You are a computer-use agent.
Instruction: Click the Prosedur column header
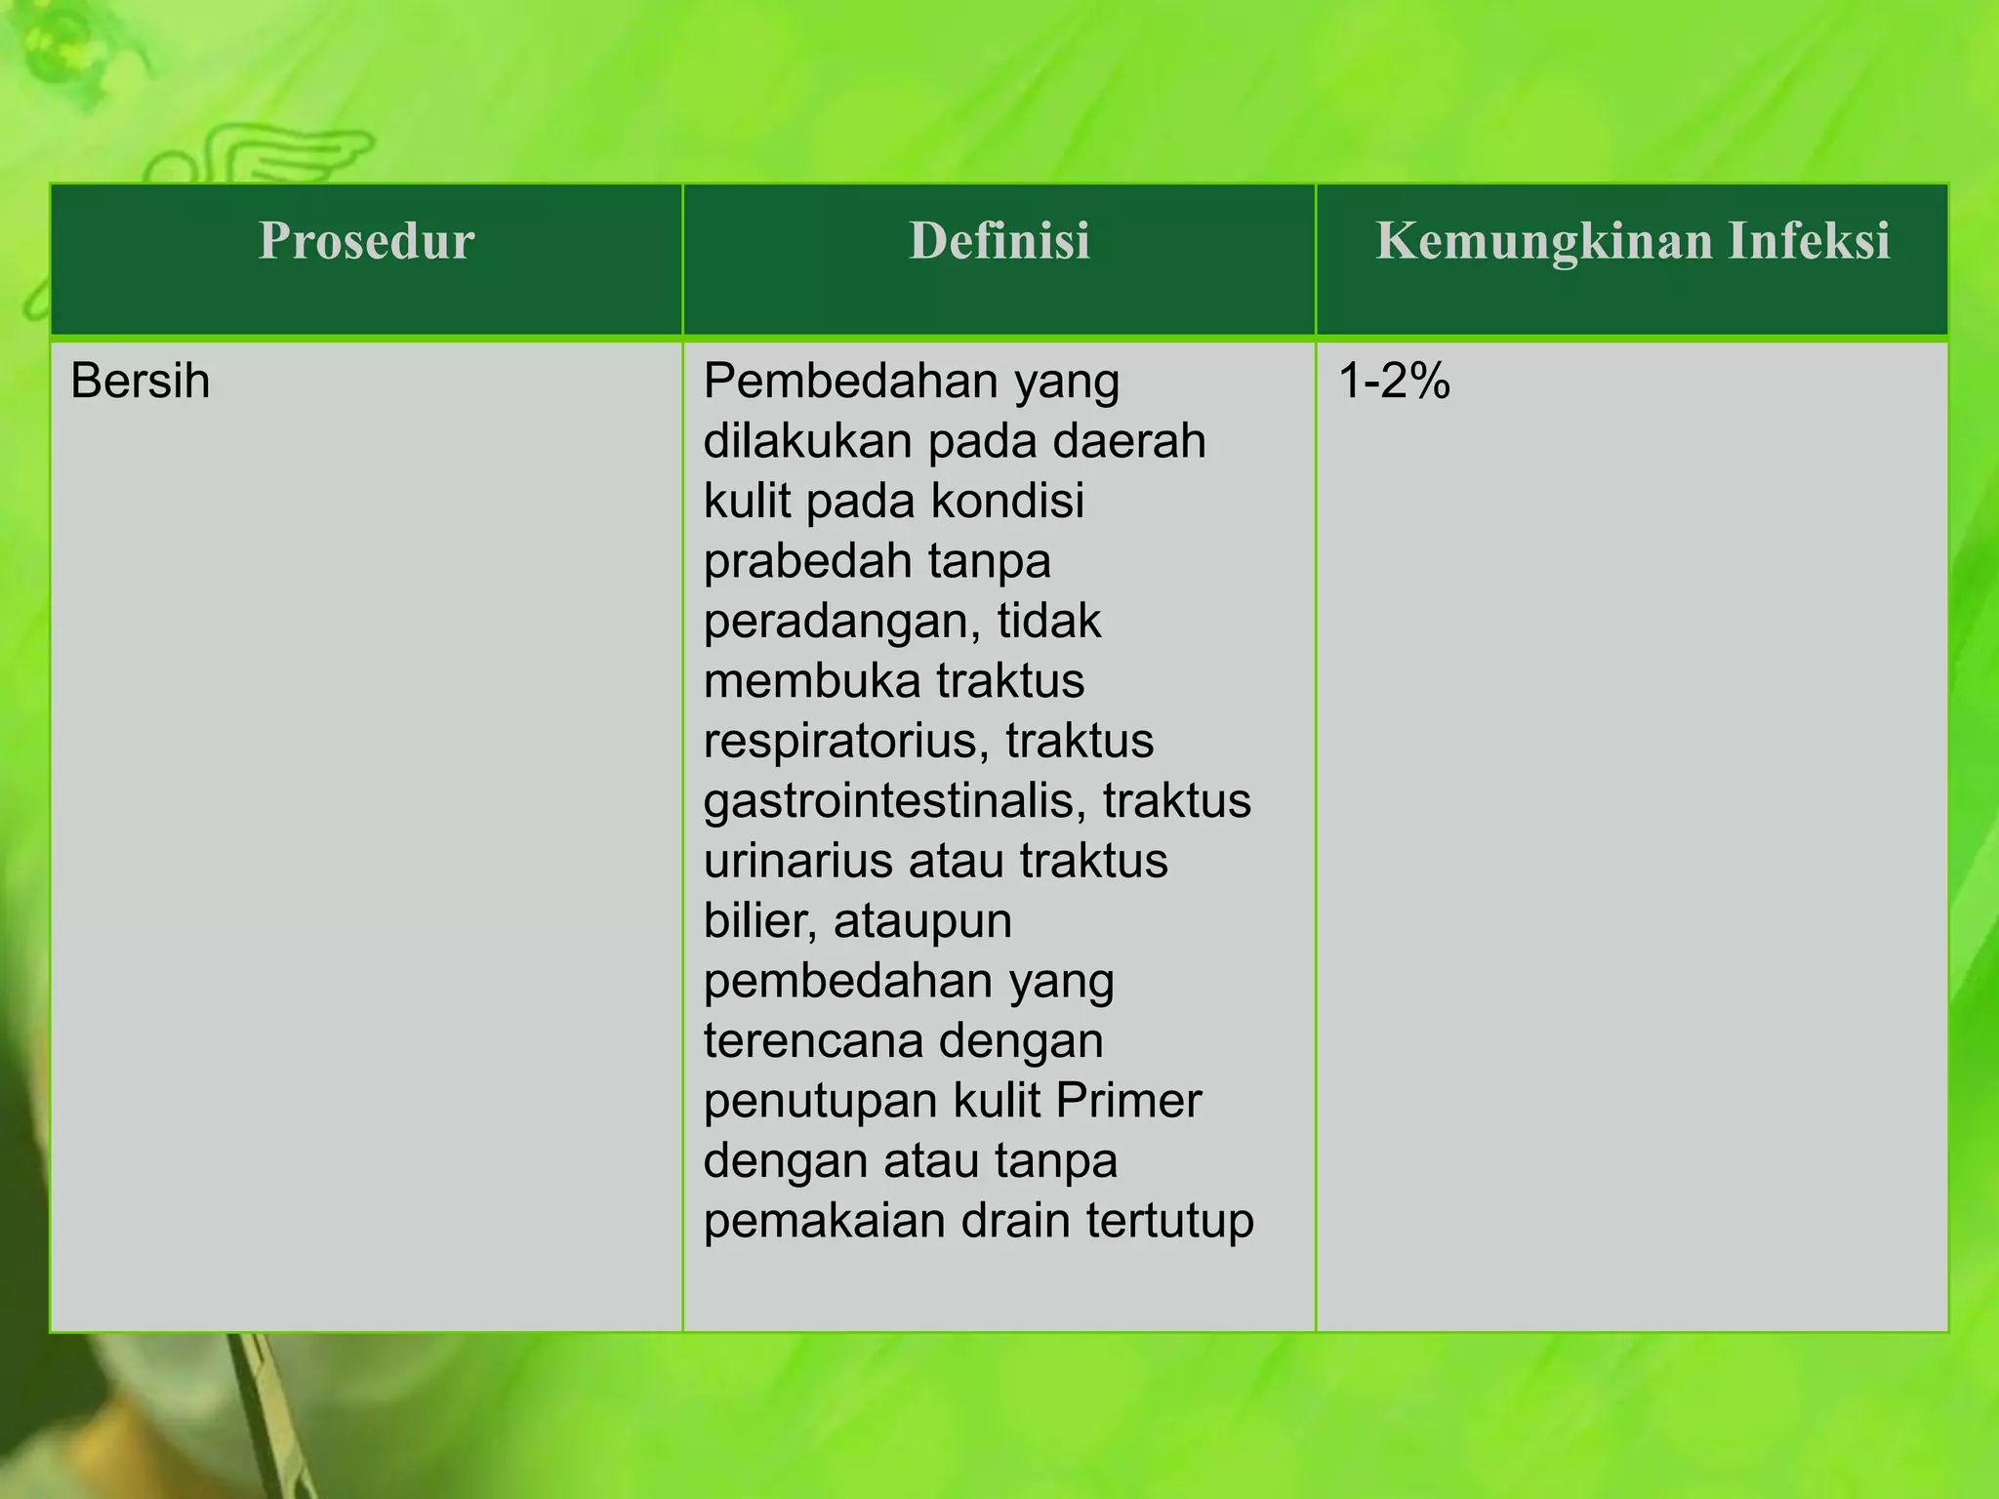366,241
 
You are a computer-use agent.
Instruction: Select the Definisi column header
999,241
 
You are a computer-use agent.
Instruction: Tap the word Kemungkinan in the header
1543,241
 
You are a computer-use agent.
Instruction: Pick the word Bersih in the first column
141,381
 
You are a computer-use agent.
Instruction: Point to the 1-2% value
1394,381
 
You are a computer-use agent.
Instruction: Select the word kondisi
1007,502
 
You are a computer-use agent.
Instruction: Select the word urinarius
797,862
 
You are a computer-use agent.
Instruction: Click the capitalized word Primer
1128,1101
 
